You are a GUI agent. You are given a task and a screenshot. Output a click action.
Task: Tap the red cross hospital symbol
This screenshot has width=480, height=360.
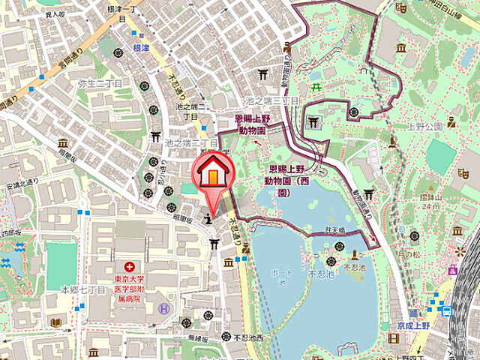[x=130, y=266]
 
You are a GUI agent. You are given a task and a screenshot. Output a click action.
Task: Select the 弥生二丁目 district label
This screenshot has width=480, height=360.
[x=100, y=83]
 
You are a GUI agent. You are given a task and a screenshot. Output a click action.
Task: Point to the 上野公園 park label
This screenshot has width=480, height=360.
[x=426, y=126]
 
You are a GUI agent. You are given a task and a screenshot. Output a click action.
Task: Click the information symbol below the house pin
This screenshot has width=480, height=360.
[x=208, y=219]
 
